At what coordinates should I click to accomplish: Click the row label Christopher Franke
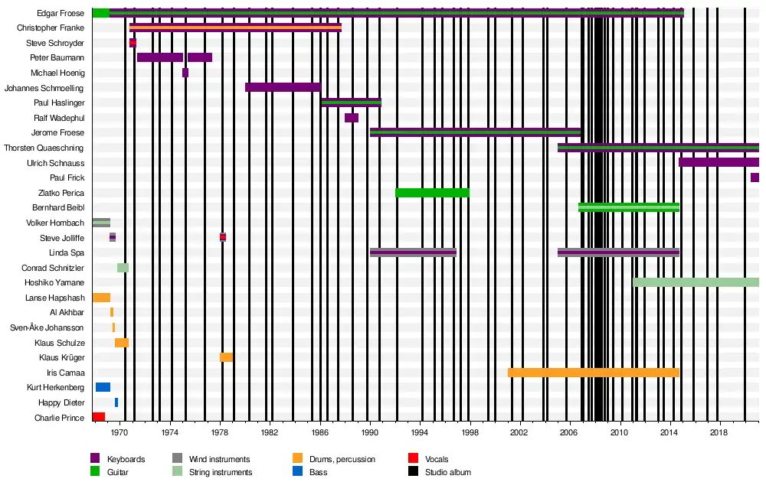51,28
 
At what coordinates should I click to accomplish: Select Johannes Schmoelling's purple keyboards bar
283,88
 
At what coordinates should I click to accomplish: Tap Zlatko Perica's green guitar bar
432,193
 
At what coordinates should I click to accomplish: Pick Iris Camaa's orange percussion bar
594,373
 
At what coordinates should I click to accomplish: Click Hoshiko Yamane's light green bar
696,282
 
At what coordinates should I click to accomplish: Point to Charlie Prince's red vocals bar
99,417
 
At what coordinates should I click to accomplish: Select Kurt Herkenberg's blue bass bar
103,387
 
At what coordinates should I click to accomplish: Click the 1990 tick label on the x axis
370,433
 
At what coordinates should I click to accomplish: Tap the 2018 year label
719,433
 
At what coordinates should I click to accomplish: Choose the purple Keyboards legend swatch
95,458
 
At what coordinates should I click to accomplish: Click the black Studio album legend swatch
414,472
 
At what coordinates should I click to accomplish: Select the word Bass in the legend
319,472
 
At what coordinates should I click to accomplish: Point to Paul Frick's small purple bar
755,177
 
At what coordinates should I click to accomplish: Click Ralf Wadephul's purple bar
352,118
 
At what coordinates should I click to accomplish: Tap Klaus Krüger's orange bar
226,357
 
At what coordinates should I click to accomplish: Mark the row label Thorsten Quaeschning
44,148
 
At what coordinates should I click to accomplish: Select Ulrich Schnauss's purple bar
719,162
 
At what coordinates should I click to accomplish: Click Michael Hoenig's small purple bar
185,73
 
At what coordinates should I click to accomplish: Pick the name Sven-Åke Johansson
47,327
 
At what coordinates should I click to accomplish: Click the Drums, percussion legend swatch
297,458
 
